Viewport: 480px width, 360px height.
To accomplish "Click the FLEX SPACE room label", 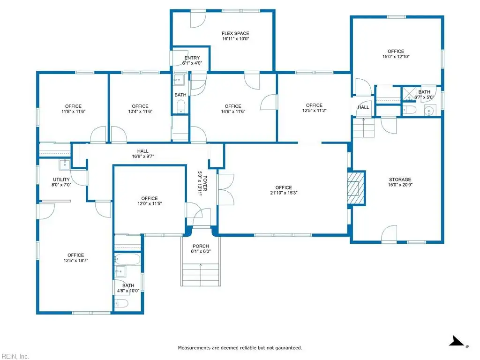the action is coord(235,33).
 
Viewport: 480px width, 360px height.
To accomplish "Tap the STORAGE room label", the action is coord(400,180).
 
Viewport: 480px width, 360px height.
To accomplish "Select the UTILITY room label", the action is coord(61,180).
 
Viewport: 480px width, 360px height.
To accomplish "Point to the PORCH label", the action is coord(201,246).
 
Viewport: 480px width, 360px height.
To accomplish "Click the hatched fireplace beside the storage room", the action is coord(356,188).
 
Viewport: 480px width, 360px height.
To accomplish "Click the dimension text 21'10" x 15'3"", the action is coord(284,193).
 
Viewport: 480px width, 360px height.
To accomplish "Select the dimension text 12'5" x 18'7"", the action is coord(76,261).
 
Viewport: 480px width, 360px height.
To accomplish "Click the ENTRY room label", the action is coord(192,58).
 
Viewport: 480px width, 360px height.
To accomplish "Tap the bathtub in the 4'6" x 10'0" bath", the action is coord(127,259).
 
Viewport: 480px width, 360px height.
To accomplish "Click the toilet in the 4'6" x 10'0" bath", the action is coord(121,304).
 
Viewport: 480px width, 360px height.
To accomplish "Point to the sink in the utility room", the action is coord(65,165).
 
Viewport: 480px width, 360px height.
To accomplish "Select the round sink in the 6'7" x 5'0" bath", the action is coord(429,111).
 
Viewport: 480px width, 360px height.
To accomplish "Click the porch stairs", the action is coord(201,275).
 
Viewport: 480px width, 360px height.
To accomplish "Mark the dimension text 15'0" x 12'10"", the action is coord(396,57).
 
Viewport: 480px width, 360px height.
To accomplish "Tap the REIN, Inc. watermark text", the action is coord(15,356).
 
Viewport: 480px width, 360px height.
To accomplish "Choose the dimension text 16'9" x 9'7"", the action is coord(143,157).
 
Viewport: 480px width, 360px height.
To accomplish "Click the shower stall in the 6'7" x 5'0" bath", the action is coord(409,94).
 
